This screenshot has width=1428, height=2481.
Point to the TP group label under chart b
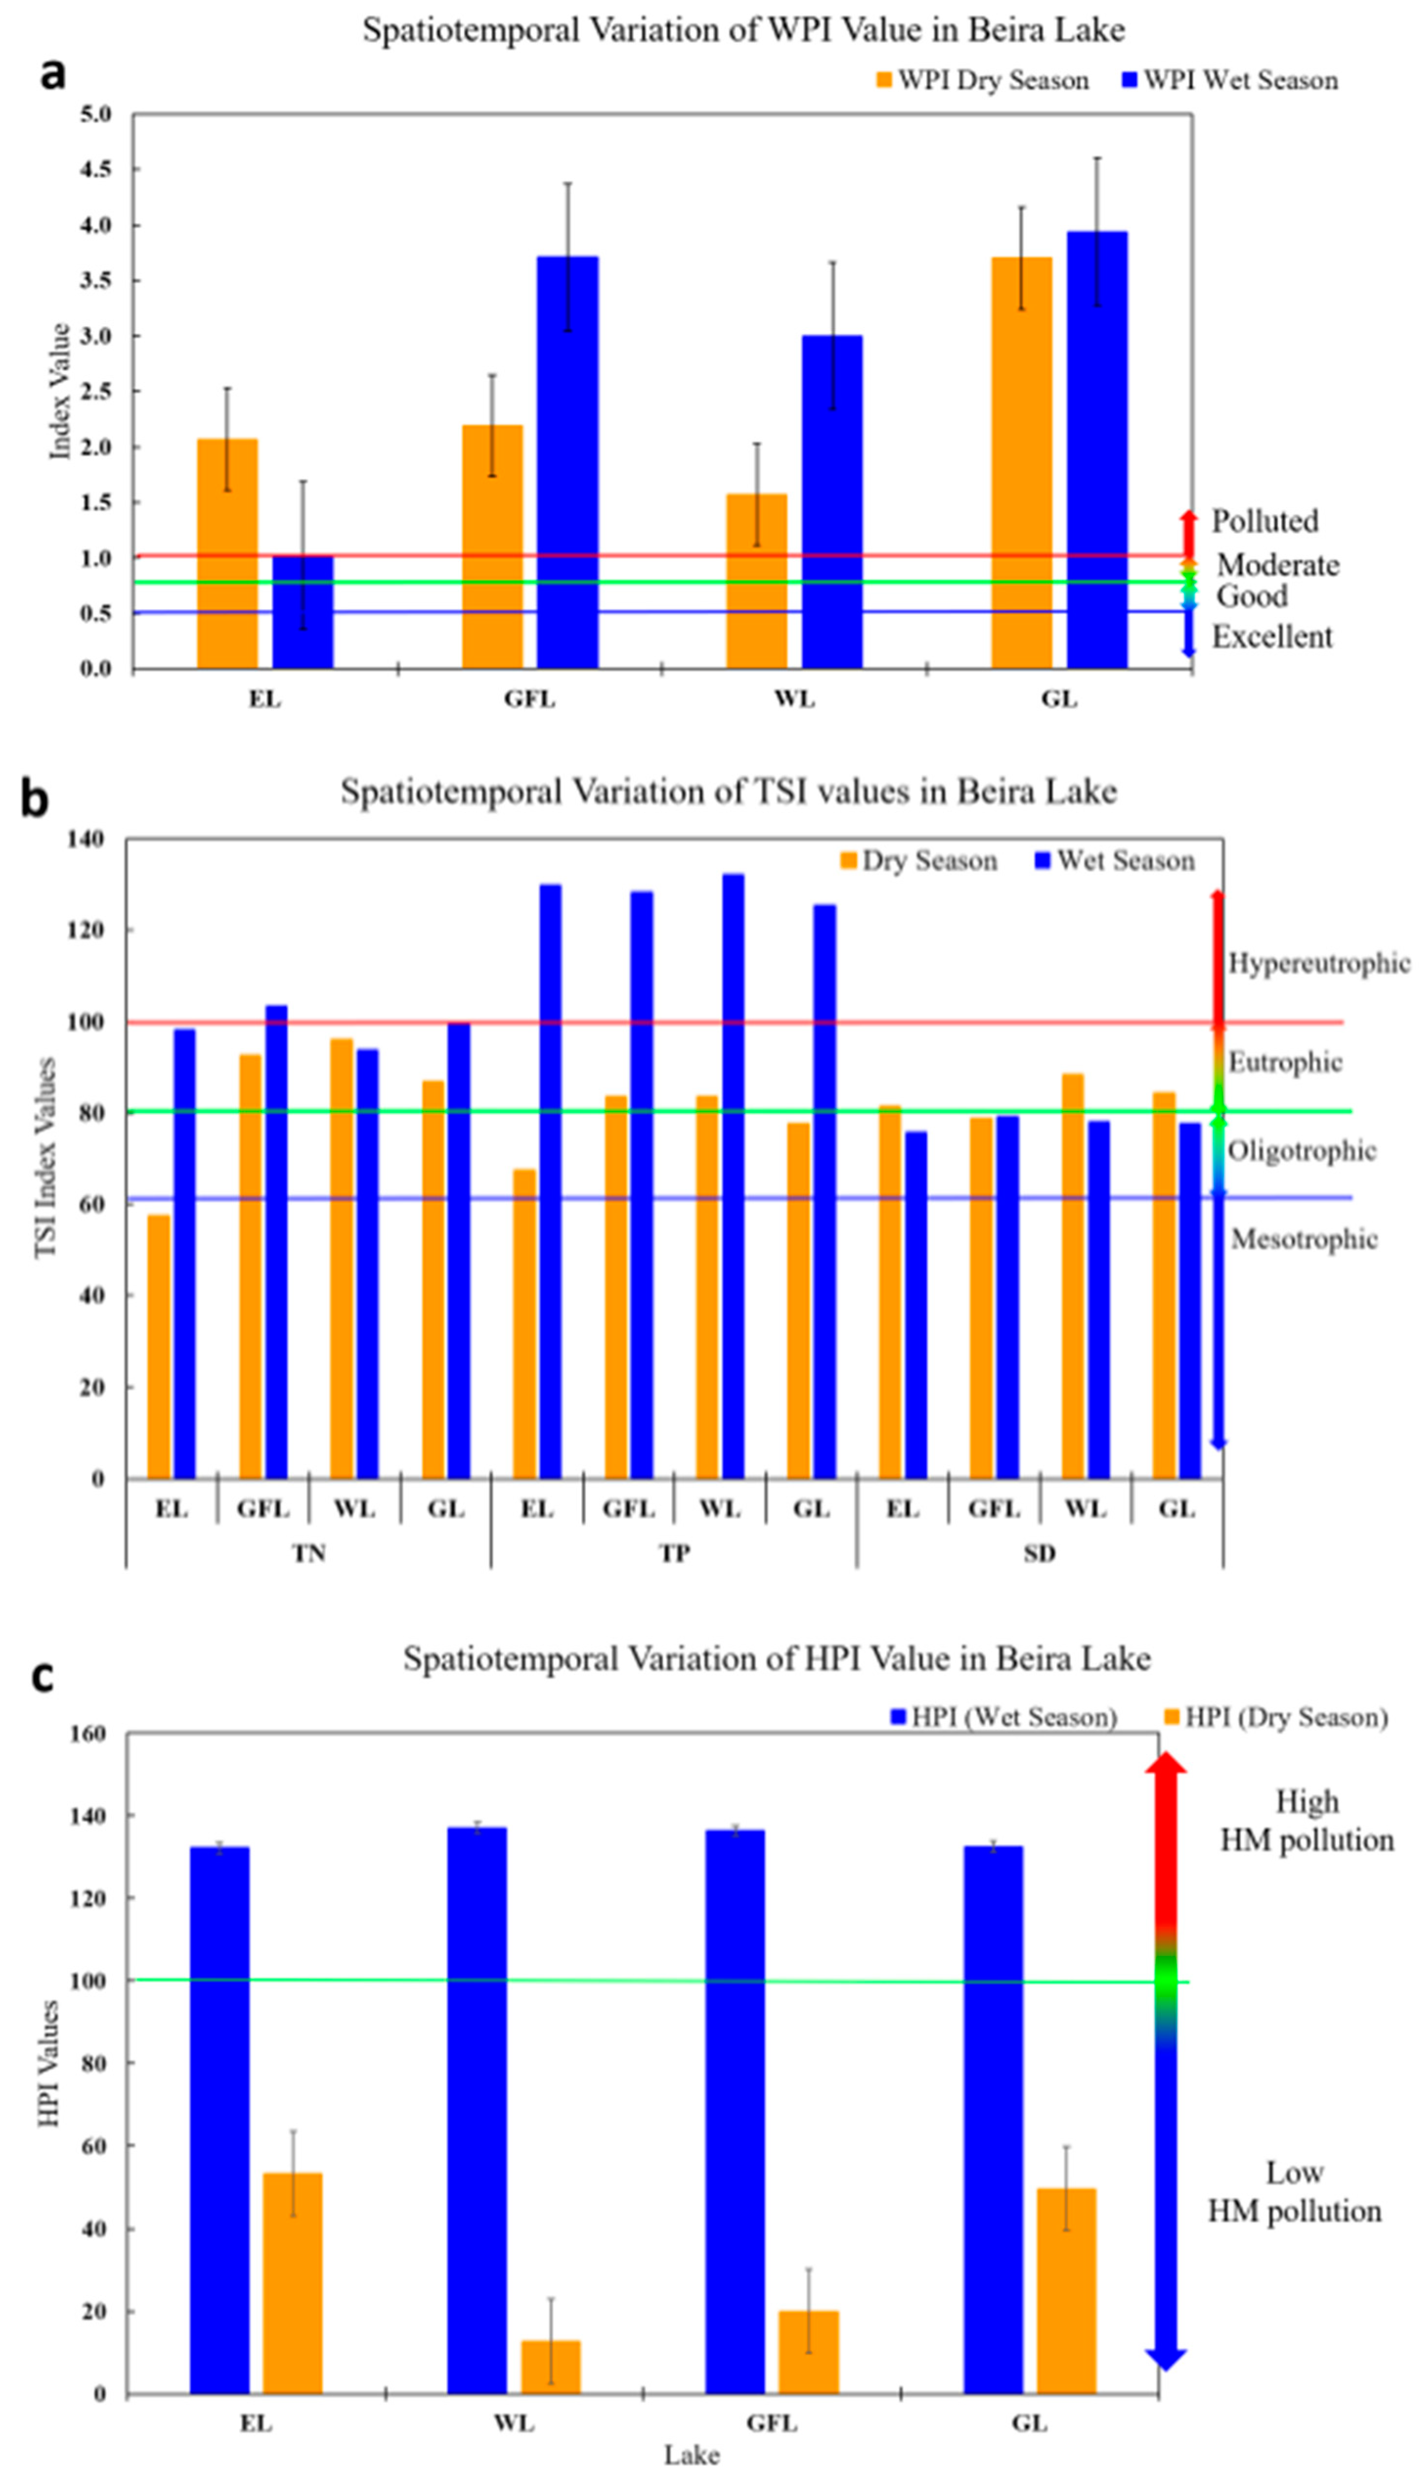(674, 1553)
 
